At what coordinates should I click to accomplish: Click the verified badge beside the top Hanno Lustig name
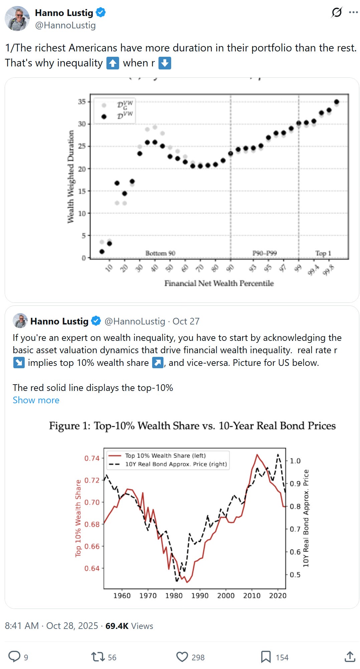pyautogui.click(x=101, y=13)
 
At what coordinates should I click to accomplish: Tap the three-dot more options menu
pyautogui.click(x=353, y=13)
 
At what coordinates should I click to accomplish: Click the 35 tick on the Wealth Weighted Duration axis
pyautogui.click(x=82, y=101)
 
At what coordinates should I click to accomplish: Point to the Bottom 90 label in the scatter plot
pyautogui.click(x=160, y=253)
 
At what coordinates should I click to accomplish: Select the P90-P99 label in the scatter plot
pyautogui.click(x=265, y=253)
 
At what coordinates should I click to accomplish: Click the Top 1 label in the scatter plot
pyautogui.click(x=323, y=253)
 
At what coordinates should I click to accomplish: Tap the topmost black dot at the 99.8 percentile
pyautogui.click(x=337, y=102)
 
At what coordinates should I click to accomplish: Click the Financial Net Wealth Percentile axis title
pyautogui.click(x=219, y=283)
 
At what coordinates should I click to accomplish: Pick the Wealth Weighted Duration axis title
pyautogui.click(x=70, y=177)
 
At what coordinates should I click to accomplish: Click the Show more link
pyautogui.click(x=36, y=400)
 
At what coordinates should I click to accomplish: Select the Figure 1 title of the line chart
pyautogui.click(x=192, y=426)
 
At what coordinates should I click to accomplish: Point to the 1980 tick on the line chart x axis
pyautogui.click(x=174, y=596)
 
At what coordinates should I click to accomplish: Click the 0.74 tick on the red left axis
pyautogui.click(x=92, y=458)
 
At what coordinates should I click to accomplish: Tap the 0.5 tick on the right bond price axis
pyautogui.click(x=295, y=575)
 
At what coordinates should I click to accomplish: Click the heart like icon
pyautogui.click(x=182, y=657)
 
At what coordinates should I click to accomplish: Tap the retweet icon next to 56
pyautogui.click(x=98, y=657)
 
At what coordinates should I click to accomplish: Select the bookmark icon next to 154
pyautogui.click(x=266, y=657)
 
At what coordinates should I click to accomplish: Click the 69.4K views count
pyautogui.click(x=117, y=626)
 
